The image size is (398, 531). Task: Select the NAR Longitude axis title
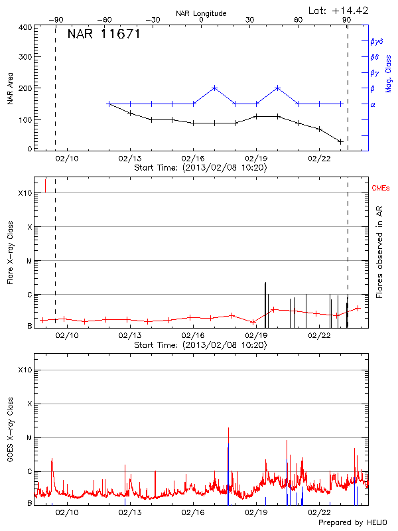tap(201, 13)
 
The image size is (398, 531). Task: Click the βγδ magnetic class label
tap(376, 41)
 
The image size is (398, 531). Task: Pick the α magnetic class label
tap(373, 104)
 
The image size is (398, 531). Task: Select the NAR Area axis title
tap(10, 88)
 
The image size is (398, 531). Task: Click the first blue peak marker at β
tap(214, 88)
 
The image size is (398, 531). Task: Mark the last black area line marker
tap(340, 141)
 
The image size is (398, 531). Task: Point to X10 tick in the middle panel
tap(25, 193)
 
